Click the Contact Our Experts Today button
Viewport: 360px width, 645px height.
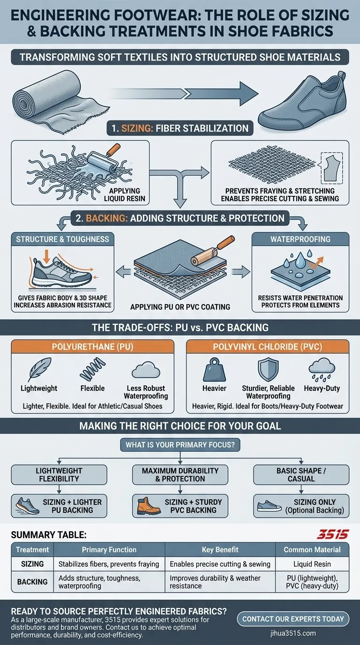click(293, 619)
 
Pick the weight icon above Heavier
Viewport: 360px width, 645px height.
click(215, 370)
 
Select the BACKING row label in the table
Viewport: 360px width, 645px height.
click(32, 582)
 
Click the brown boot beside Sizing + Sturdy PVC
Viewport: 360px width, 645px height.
click(145, 506)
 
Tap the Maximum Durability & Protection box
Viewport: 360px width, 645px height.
click(180, 474)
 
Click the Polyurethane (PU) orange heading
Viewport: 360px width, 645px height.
click(92, 346)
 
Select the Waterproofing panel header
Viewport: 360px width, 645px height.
click(300, 239)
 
